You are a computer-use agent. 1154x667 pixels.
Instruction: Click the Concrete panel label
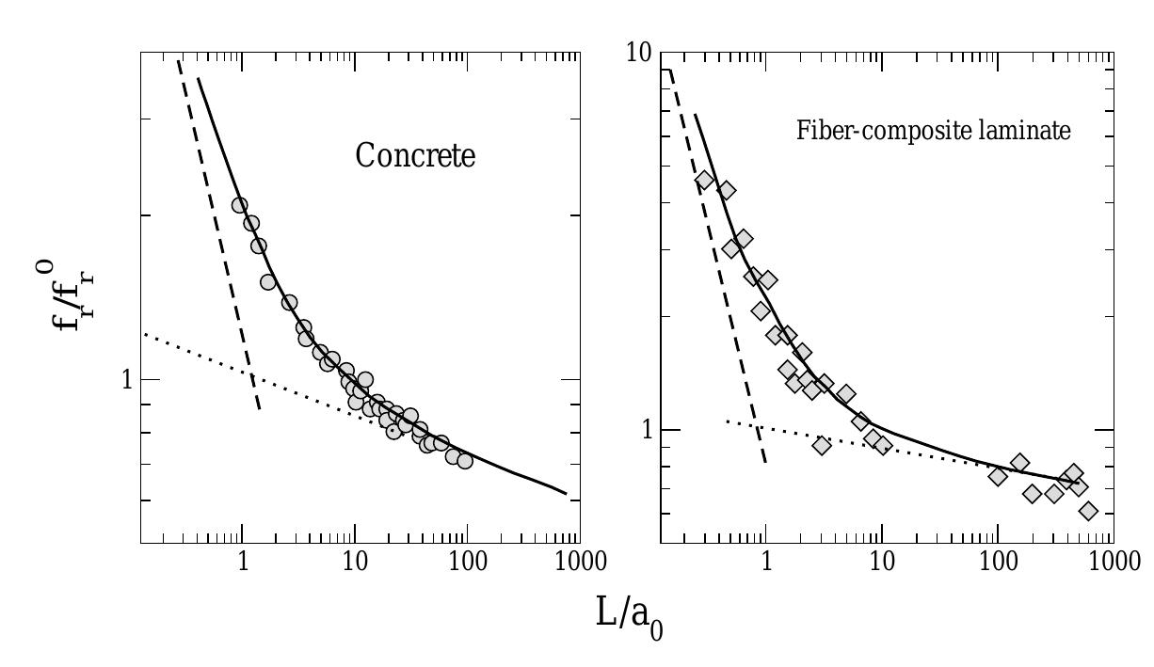415,155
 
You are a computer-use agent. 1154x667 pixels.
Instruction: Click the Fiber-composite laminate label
933,130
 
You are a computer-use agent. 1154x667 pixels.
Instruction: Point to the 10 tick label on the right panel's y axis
639,53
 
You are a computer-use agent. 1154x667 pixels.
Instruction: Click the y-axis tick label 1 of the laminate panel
646,430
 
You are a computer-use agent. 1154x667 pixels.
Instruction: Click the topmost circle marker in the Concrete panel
240,205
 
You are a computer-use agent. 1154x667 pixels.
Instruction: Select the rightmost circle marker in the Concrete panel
464,461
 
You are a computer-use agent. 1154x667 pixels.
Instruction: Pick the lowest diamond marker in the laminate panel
1089,511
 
